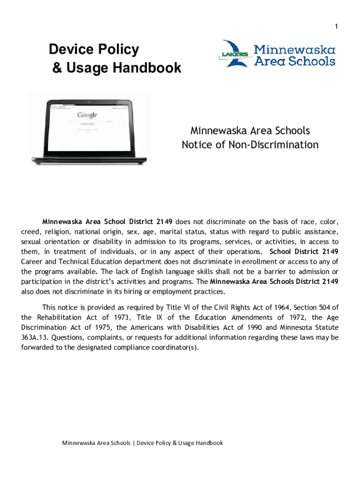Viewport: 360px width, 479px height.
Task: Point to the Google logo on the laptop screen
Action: point(87,115)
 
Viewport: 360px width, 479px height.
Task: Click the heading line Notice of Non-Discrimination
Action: point(250,145)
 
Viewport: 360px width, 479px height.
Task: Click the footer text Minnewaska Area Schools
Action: point(96,443)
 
